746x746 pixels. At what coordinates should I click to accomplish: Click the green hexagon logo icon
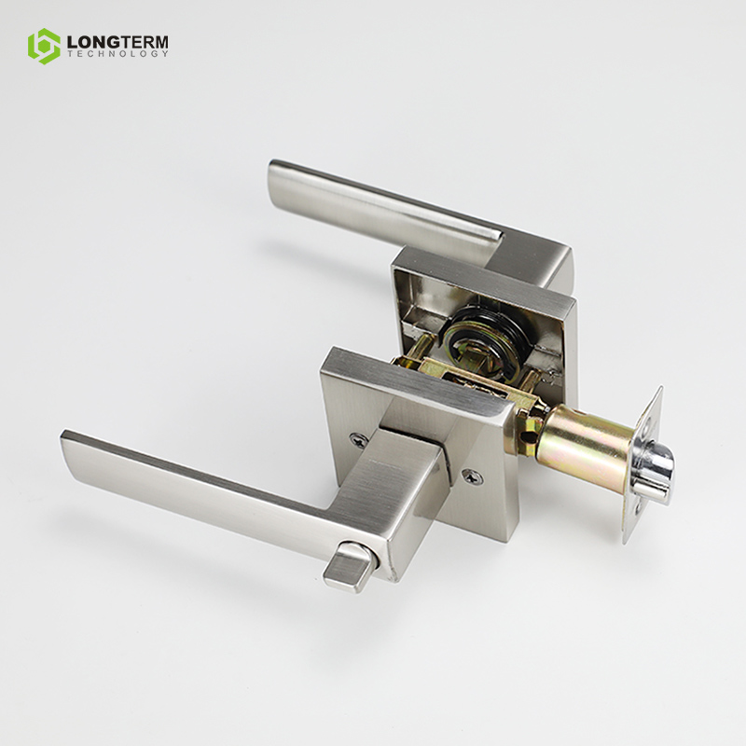pos(44,46)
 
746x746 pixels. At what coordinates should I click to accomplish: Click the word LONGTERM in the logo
pos(117,42)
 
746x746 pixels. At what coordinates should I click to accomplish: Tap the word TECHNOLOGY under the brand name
pos(117,54)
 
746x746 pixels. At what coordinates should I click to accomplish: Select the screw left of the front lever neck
pos(357,440)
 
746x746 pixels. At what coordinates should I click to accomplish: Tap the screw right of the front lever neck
pos(472,477)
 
